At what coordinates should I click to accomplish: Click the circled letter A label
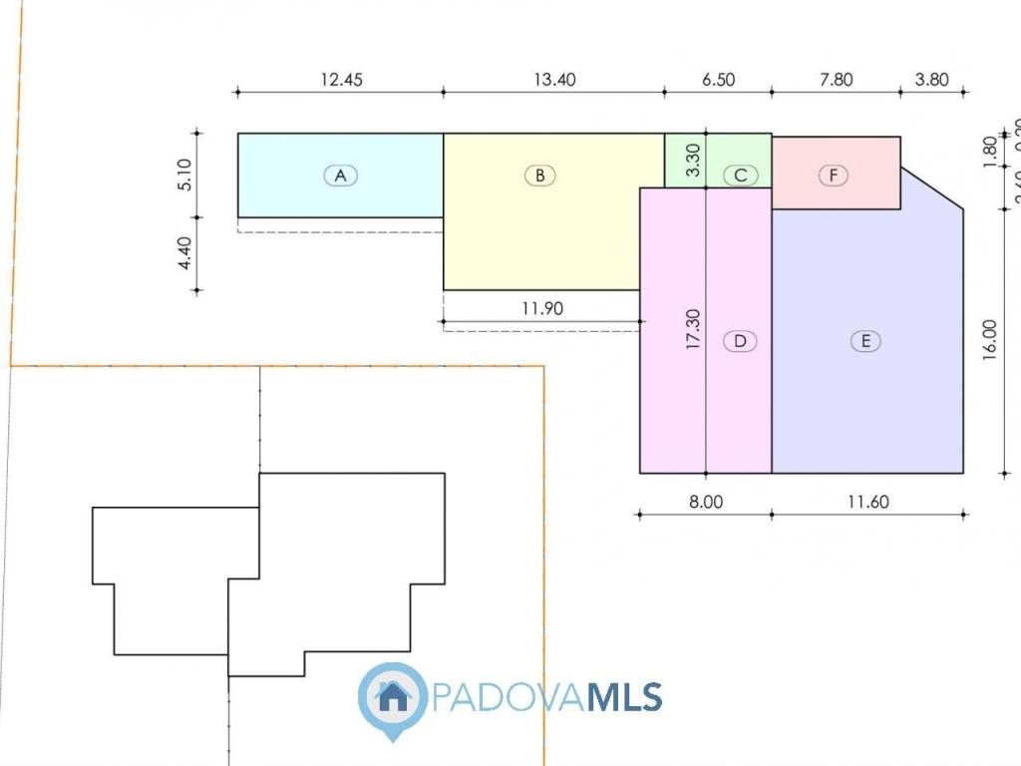tap(340, 176)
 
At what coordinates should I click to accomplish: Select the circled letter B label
tap(539, 176)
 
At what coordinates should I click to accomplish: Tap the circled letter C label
tap(740, 176)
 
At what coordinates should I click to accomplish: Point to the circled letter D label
tap(740, 341)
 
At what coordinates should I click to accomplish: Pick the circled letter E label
tap(865, 341)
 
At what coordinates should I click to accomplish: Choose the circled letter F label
tap(834, 176)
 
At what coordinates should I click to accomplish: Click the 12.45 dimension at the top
tap(340, 81)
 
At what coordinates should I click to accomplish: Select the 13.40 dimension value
tap(554, 81)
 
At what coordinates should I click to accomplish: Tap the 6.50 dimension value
tap(718, 81)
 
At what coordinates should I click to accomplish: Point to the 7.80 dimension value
tap(836, 81)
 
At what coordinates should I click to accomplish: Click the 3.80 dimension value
tap(931, 81)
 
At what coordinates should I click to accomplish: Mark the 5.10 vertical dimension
tap(182, 175)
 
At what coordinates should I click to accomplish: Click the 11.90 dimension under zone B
tap(541, 308)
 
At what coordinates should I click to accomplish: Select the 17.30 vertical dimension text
tap(694, 329)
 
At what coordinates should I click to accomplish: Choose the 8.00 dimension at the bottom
tap(705, 503)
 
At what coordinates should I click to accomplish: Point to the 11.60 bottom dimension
tap(867, 503)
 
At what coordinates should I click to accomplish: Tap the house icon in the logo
tap(393, 696)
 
